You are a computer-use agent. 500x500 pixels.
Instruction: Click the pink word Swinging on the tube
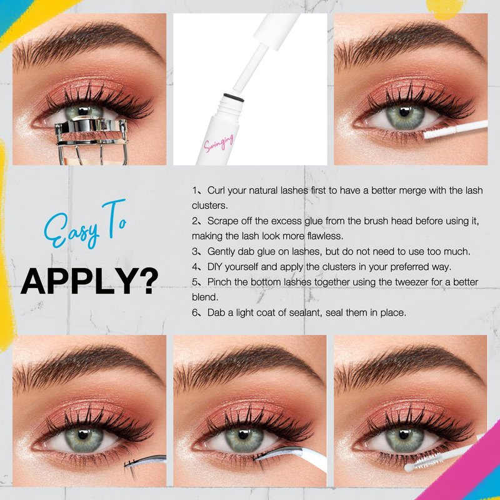pos(219,142)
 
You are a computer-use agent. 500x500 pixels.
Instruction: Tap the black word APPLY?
pos(89,281)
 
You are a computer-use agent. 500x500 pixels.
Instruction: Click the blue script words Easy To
pos(85,224)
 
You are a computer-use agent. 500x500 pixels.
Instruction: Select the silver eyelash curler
pos(91,139)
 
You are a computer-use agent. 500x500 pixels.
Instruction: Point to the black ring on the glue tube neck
pos(234,97)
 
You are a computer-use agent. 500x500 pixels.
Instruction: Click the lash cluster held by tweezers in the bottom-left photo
pos(131,465)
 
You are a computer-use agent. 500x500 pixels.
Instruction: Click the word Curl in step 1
pos(216,191)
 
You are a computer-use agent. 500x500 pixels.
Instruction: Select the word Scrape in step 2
pos(223,221)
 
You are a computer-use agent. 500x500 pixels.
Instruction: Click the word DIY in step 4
pos(214,267)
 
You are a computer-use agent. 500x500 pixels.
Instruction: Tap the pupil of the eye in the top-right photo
pos(404,112)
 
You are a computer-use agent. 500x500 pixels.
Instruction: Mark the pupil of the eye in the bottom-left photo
pos(84,434)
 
